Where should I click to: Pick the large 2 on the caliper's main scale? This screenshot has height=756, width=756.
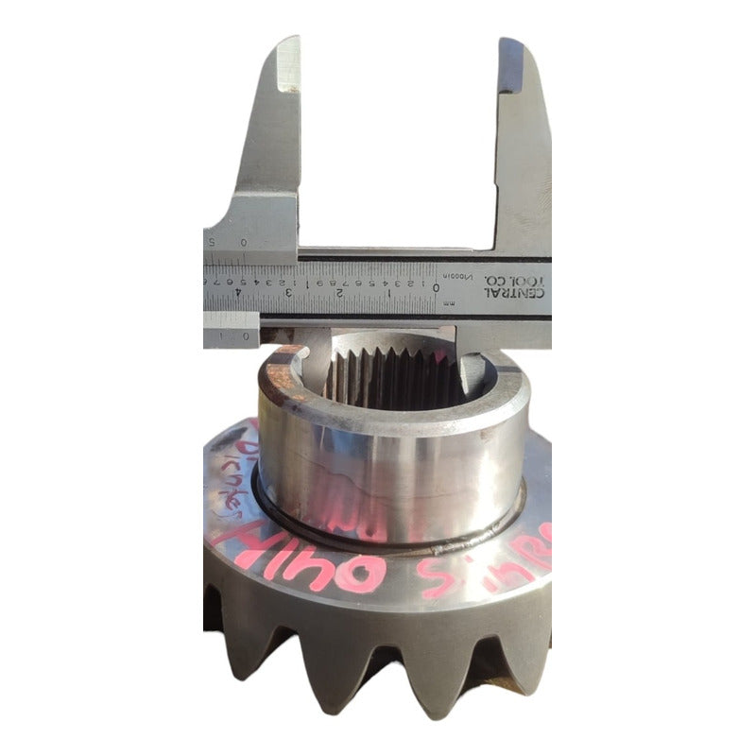tap(339, 294)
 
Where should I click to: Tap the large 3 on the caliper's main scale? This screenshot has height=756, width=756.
tap(288, 294)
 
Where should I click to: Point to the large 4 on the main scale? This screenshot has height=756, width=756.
tap(239, 294)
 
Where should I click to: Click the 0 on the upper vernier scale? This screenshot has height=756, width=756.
tap(244, 243)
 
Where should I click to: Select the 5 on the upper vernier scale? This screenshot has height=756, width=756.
tap(212, 243)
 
